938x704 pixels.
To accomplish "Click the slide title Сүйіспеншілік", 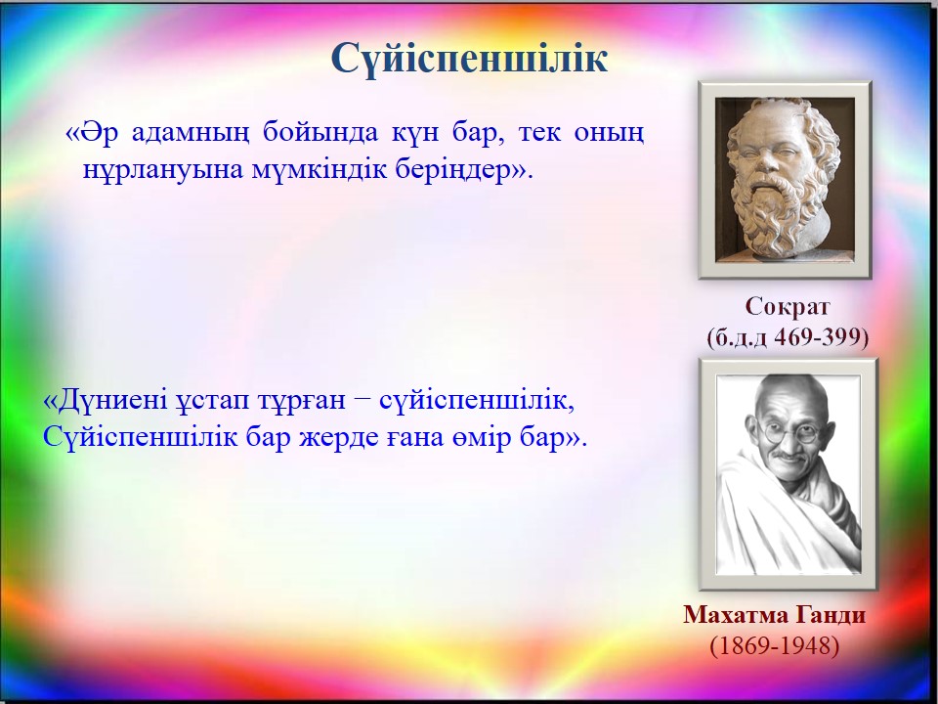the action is [x=469, y=58].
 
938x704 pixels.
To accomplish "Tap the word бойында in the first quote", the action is [x=320, y=132].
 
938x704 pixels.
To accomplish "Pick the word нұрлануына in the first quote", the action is [x=163, y=170].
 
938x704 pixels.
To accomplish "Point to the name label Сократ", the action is [x=788, y=306].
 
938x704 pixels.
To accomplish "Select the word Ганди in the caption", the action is [x=831, y=615].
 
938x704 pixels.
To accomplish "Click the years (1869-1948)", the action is [x=775, y=646].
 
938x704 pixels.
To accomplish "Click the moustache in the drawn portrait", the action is [x=789, y=457].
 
